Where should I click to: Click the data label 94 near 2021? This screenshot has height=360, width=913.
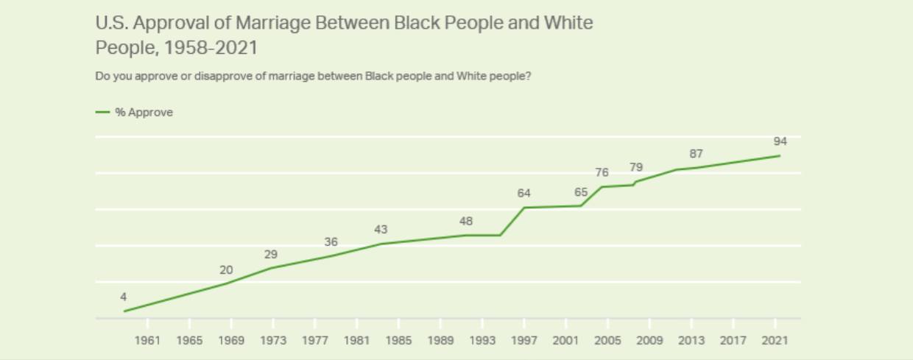click(780, 141)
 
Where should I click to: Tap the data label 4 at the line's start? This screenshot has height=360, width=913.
click(124, 297)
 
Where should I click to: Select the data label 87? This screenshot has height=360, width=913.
click(696, 154)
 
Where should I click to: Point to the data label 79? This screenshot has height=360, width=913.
click(636, 167)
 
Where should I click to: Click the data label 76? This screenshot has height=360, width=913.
click(602, 172)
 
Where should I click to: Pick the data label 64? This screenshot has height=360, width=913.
click(524, 193)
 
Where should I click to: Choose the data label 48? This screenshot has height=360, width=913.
click(466, 221)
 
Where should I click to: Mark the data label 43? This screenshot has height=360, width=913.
click(381, 230)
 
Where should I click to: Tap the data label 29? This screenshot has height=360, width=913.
click(271, 254)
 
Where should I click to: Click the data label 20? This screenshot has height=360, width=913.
click(226, 270)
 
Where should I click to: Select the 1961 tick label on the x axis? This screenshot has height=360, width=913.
click(147, 340)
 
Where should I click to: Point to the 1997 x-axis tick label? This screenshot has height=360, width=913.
click(524, 340)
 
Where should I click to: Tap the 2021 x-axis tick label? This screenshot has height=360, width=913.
click(775, 340)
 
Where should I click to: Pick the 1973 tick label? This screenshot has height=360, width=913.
click(273, 340)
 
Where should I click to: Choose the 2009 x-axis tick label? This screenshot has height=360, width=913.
click(649, 340)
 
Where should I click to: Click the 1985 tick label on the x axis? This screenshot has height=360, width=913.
click(398, 340)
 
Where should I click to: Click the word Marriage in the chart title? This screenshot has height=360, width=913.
click(276, 23)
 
